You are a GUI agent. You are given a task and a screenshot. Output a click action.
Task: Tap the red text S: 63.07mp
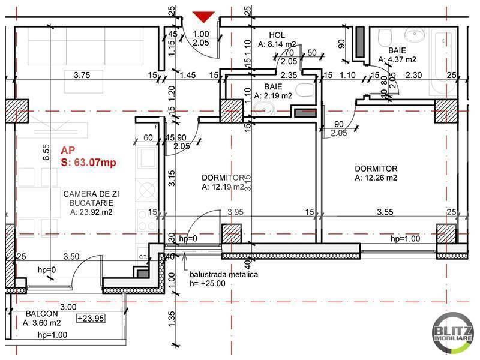[88, 162]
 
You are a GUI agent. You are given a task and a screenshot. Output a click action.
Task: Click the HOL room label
[277, 35]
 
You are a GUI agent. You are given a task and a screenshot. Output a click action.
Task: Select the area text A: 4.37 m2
[397, 59]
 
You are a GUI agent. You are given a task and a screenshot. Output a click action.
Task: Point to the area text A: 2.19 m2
[273, 95]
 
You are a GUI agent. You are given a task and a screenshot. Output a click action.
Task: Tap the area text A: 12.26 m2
[376, 178]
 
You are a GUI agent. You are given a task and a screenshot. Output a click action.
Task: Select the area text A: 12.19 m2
[223, 187]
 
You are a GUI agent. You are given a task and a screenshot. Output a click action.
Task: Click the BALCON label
[42, 314]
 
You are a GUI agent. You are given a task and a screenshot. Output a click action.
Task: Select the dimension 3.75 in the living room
[82, 75]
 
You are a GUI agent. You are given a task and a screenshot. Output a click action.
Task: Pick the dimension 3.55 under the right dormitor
[385, 212]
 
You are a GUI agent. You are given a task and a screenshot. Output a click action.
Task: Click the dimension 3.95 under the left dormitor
[236, 212]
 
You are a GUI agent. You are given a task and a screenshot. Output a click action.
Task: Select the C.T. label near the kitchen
[143, 257]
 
